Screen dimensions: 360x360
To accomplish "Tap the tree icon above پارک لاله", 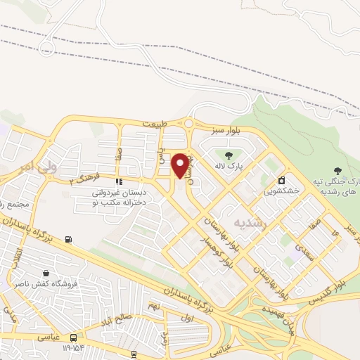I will click(x=228, y=155).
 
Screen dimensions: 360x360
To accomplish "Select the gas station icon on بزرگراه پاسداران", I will click(x=67, y=239).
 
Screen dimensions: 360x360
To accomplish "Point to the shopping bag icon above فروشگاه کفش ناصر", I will click(x=46, y=273).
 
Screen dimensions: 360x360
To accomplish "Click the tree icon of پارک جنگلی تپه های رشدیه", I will click(x=337, y=171).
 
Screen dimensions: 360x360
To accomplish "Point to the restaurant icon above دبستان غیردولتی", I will click(x=119, y=181).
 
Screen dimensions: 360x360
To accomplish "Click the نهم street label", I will click(x=154, y=307).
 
